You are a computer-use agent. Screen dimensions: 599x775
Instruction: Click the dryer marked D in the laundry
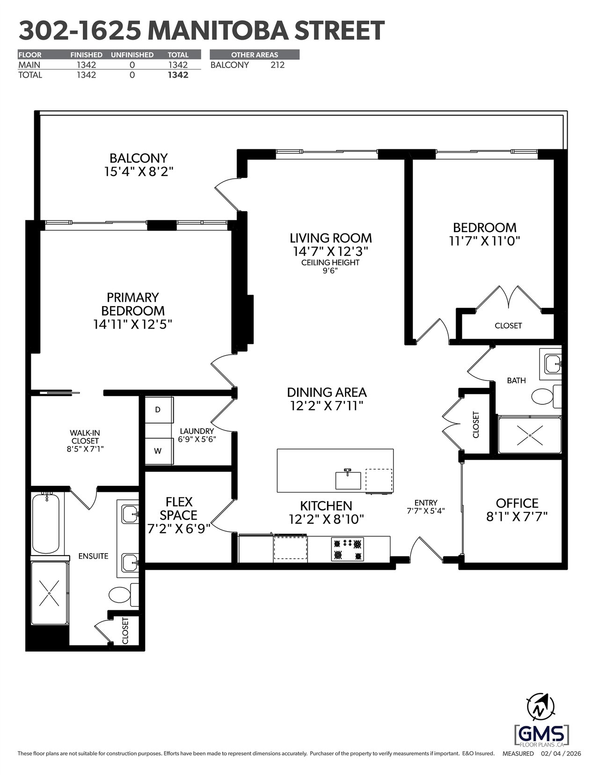pos(159,410)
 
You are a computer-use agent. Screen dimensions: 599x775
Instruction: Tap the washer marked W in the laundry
pos(159,451)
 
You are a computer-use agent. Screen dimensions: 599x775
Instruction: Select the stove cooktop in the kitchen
pos(348,549)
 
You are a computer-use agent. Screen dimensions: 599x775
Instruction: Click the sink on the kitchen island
pos(348,479)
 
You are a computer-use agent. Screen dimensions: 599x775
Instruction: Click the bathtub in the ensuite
pos(46,523)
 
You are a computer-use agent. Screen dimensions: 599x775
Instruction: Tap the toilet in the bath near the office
pos(546,396)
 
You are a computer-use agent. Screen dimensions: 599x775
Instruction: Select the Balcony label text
pos(139,158)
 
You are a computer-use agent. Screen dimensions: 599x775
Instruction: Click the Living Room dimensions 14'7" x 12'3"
pos(330,251)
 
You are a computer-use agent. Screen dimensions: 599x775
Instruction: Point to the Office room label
pos(517,503)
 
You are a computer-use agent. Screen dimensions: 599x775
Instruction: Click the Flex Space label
pos(179,508)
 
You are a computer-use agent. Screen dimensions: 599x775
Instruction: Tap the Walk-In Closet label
pos(85,437)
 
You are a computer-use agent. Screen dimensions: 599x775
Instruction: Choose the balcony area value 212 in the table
pos(278,65)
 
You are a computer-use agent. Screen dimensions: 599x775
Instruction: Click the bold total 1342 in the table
pos(178,75)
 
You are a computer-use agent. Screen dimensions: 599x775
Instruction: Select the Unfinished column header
pos(132,55)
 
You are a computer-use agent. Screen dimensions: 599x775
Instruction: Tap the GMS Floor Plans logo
pos(541,734)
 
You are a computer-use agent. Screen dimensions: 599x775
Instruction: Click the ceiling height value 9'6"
pos(330,271)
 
